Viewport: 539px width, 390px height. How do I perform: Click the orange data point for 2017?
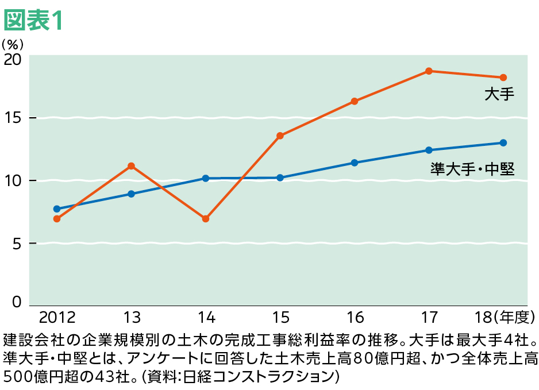pos(429,71)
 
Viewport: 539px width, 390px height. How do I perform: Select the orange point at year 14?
pos(206,219)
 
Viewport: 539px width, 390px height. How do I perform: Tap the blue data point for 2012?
pos(57,209)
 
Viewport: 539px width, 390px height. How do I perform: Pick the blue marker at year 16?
pos(355,163)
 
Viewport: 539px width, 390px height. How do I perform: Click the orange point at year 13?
pos(131,166)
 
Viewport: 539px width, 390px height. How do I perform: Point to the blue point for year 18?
pos(503,142)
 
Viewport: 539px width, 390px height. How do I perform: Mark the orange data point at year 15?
pos(280,136)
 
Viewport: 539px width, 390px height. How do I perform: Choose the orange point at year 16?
pos(355,101)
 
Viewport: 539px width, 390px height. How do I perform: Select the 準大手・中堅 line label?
pos(472,169)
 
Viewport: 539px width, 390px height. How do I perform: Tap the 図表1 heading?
pos(32,21)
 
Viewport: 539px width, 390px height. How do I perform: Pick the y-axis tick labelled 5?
pos(16,244)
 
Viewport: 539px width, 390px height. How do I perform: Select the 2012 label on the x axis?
pos(57,317)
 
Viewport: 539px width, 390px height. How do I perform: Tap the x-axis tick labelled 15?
pos(280,317)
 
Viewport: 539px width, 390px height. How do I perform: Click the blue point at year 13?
pos(131,194)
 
